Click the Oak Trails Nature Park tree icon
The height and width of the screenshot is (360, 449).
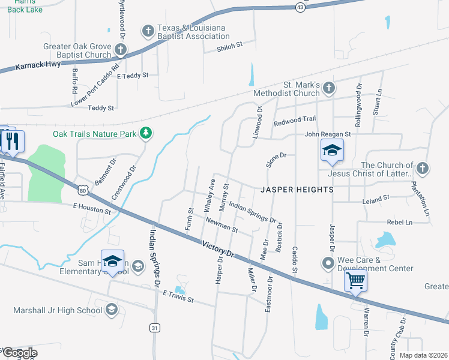pos(145,133)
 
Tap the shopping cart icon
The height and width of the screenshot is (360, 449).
pos(356,280)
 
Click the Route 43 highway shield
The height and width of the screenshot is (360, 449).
pos(301,7)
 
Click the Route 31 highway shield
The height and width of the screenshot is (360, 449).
pos(154,327)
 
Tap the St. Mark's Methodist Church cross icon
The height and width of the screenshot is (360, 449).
pos(328,89)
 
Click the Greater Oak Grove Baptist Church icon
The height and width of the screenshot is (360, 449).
pos(121,50)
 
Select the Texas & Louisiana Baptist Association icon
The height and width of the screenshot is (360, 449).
pos(148,31)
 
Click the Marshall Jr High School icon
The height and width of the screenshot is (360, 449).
pos(111,310)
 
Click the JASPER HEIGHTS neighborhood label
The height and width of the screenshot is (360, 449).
pos(297,189)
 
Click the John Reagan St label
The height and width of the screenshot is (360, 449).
pos(327,135)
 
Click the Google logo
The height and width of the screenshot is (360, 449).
pos(19,353)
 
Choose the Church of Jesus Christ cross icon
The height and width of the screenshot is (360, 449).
pos(423,169)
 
